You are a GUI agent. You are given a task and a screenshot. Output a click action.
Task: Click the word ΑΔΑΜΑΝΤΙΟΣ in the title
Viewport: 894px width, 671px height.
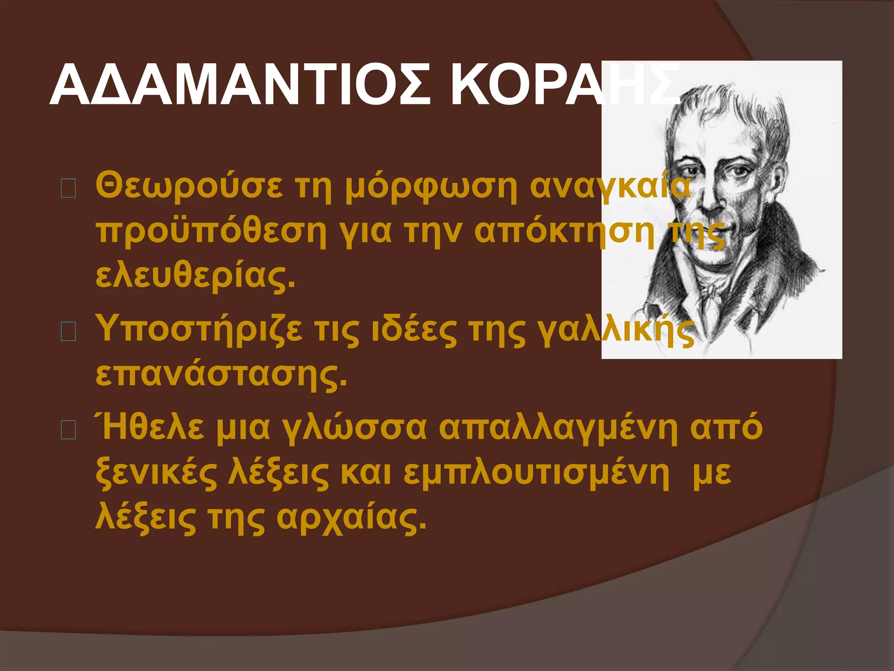tap(240, 85)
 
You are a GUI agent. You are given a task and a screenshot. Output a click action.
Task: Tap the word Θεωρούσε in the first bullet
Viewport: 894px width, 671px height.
tap(189, 186)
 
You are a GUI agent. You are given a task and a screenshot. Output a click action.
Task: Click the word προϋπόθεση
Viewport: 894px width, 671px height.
tap(211, 232)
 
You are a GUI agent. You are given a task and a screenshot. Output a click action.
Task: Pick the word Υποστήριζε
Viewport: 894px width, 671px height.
tap(199, 330)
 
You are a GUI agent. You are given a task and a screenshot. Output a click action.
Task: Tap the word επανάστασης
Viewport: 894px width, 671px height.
tap(221, 375)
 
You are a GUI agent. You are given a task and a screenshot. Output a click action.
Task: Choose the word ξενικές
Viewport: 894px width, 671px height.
tap(156, 474)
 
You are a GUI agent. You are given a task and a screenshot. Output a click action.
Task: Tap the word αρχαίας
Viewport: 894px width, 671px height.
tap(351, 520)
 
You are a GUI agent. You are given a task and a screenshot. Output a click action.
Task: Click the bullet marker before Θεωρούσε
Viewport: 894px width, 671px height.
tap(69, 188)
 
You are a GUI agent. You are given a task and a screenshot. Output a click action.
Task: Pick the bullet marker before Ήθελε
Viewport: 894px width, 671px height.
tap(69, 430)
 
